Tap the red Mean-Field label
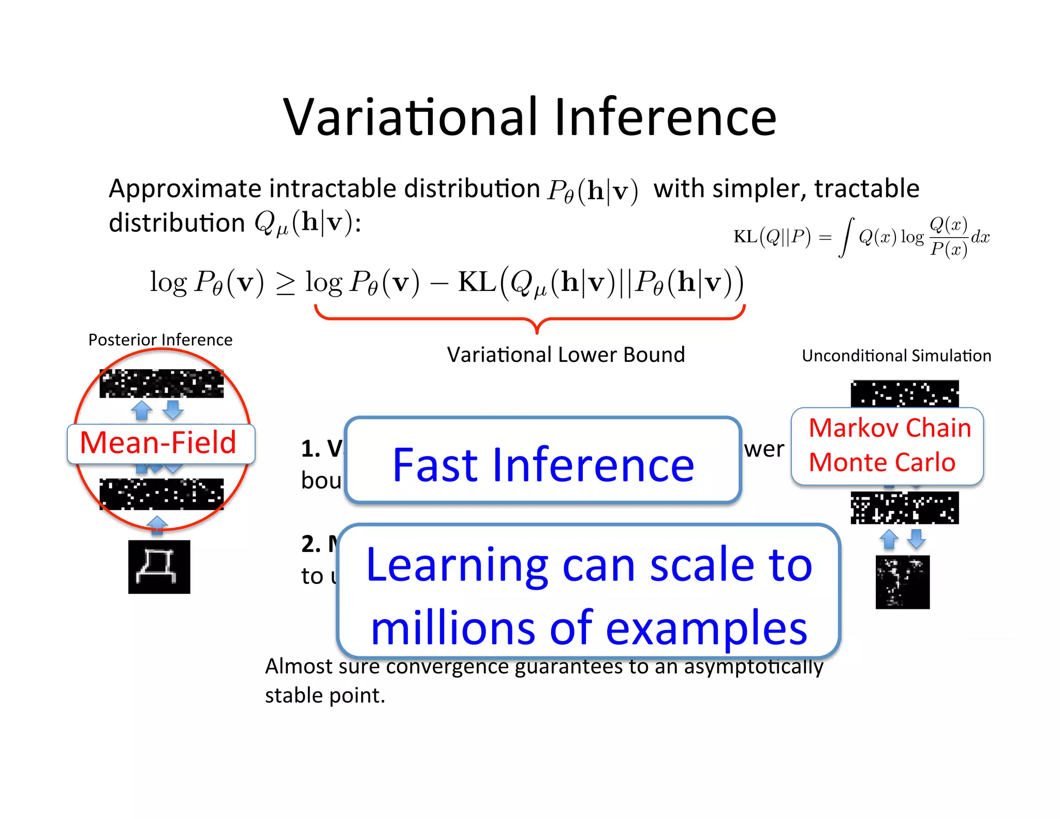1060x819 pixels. coord(158,443)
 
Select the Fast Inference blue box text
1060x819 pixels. coord(543,464)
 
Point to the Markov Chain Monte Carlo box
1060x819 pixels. coord(887,446)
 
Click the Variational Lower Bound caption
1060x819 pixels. coord(566,355)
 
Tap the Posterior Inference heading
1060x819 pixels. coord(160,340)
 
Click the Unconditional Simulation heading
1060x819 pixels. coord(896,356)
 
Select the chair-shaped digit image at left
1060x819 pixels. coord(159,567)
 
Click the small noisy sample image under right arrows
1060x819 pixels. coord(903,582)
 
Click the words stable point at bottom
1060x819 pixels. coord(325,696)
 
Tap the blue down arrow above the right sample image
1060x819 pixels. coord(916,538)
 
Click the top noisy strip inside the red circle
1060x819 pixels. coord(161,384)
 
